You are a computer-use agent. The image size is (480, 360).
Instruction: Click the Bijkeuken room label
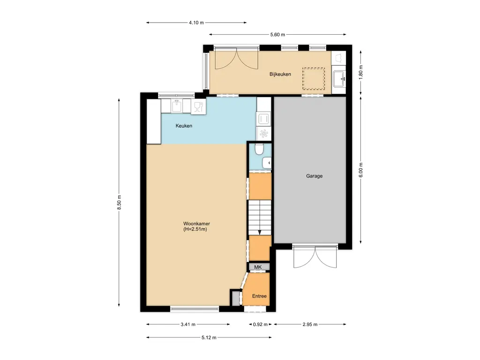[280, 74]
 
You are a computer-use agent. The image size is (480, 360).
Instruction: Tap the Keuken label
[184, 126]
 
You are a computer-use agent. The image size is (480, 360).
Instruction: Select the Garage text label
[314, 176]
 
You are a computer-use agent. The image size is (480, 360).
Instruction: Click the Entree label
[259, 296]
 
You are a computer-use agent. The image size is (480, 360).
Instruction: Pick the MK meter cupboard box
[258, 267]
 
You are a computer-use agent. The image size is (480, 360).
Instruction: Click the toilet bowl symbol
[259, 150]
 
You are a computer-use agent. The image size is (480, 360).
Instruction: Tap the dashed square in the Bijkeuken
[314, 78]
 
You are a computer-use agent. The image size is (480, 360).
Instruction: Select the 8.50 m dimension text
[120, 203]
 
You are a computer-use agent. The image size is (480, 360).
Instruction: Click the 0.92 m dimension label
[260, 324]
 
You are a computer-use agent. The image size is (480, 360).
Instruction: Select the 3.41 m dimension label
[187, 324]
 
